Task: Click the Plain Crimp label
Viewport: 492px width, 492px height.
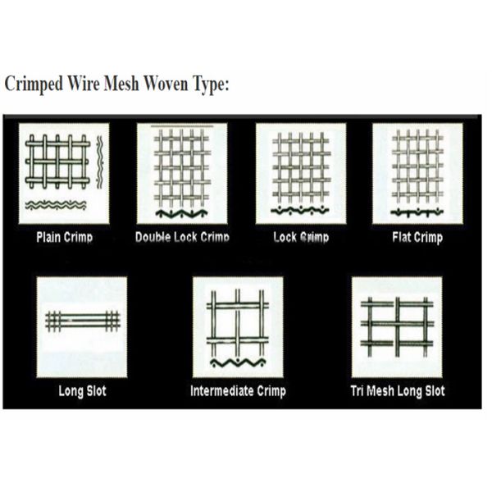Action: pyautogui.click(x=64, y=238)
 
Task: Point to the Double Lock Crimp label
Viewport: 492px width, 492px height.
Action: pyautogui.click(x=182, y=238)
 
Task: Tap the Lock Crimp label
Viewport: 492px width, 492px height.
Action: pyautogui.click(x=301, y=238)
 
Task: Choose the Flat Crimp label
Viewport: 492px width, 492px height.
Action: pyautogui.click(x=417, y=238)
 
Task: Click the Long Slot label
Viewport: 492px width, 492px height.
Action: pyautogui.click(x=82, y=391)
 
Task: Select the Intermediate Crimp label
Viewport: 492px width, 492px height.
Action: pyautogui.click(x=238, y=391)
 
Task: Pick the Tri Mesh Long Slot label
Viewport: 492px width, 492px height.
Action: pyautogui.click(x=398, y=391)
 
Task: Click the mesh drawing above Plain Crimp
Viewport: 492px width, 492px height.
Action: pyautogui.click(x=57, y=162)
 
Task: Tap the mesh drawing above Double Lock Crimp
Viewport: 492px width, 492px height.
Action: pyautogui.click(x=182, y=168)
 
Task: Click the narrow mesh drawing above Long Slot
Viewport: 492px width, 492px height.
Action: pyautogui.click(x=82, y=321)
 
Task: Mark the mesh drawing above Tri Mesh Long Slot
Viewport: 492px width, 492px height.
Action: pyautogui.click(x=397, y=325)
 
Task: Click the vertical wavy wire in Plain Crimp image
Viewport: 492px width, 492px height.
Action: pyautogui.click(x=100, y=162)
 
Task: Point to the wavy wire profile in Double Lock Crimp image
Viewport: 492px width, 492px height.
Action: pyautogui.click(x=182, y=214)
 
